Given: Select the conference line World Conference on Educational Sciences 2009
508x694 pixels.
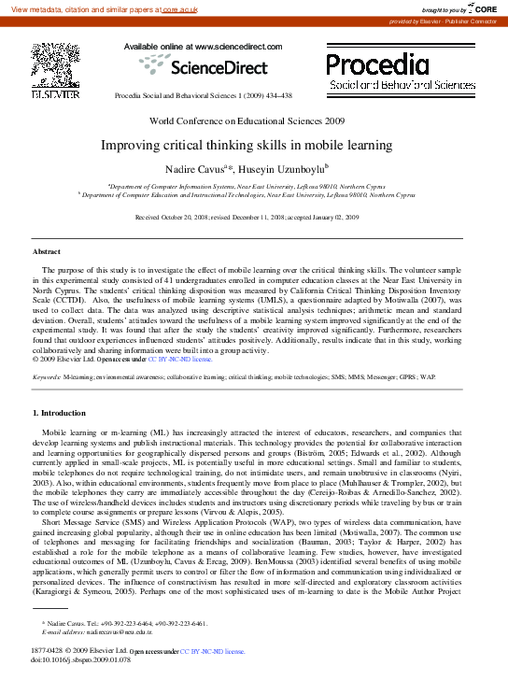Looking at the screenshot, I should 254,121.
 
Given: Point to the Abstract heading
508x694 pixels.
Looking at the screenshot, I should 47,252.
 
